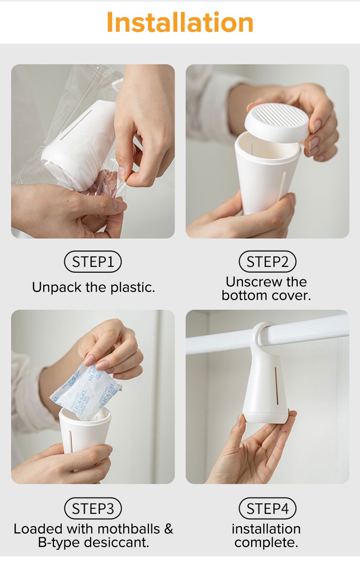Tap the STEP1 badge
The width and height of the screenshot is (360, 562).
tap(93, 262)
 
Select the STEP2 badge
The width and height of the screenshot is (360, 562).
tap(267, 262)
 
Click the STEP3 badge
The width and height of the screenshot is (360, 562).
tap(93, 508)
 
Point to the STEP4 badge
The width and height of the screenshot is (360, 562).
tap(267, 508)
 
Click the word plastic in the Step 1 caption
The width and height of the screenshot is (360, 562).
tap(131, 288)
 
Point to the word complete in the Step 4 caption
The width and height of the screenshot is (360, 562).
tap(266, 543)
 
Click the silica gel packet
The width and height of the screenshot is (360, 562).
tap(85, 387)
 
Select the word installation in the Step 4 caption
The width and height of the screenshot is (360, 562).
tap(266, 529)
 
